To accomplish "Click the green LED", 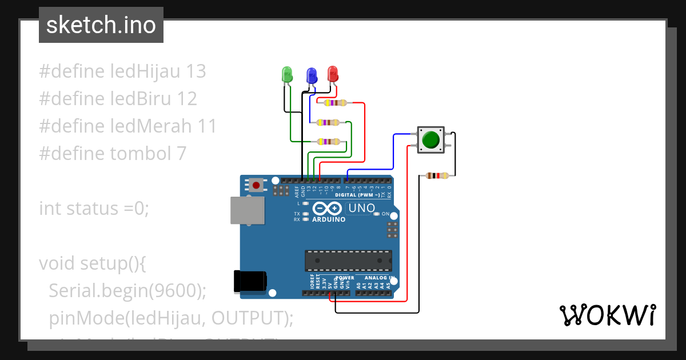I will coord(287,74).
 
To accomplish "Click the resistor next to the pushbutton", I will coord(437,176).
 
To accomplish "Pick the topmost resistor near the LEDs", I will coord(334,103).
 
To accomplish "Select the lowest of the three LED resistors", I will coord(328,141).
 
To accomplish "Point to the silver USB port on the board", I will coord(247,211).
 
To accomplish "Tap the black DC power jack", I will coord(250,282).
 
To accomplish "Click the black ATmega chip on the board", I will coord(348,260).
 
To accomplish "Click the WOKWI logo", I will coord(607,315).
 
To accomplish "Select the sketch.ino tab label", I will coord(101,25).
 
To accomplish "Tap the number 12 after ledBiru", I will coord(186,99).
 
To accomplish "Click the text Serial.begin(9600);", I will coord(127,291).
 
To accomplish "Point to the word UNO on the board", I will coord(361,208).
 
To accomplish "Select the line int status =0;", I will coord(94,209).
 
